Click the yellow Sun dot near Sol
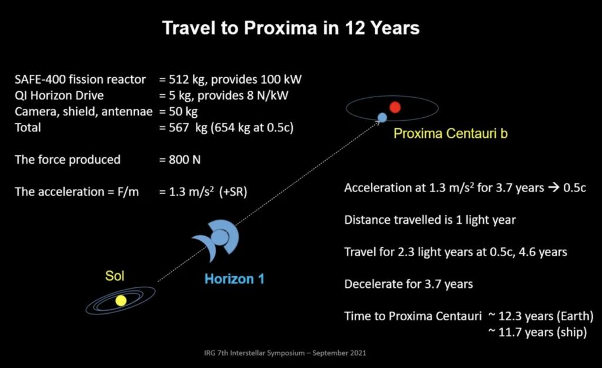pos(121,300)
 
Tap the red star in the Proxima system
pos(395,107)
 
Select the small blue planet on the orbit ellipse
pos(382,117)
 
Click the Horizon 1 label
pos(234,279)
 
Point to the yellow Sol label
pos(115,276)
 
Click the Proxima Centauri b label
pos(450,134)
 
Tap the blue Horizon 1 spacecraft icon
pos(218,237)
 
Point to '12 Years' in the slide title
pos(380,28)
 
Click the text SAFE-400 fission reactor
pos(80,79)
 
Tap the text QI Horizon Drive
pos(60,95)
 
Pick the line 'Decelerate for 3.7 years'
pos(409,284)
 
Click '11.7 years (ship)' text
pos(537,332)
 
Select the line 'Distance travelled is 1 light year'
pos(430,220)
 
